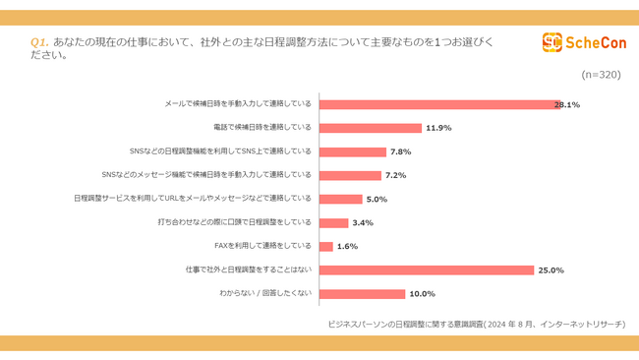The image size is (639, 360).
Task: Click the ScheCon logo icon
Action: pos(552,42)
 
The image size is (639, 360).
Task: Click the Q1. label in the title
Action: pos(39,42)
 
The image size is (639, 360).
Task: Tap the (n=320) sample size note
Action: pos(601,75)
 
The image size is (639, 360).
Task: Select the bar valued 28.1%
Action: pos(438,104)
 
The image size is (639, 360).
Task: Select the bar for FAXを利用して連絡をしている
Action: pos(326,246)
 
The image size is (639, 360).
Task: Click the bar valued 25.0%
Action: pos(427,270)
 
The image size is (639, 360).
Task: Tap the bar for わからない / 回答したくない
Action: pos(363,293)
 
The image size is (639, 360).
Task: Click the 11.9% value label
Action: pos(437,128)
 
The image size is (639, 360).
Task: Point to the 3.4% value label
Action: pos(363,222)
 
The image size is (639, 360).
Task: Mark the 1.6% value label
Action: pos(347,246)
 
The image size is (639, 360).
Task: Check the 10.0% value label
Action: pos(421,293)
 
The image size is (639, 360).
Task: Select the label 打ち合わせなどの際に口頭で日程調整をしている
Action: pos(234,222)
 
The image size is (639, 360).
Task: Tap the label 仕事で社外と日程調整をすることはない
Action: pos(249,270)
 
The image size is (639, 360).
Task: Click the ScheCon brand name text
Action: pos(592,42)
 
